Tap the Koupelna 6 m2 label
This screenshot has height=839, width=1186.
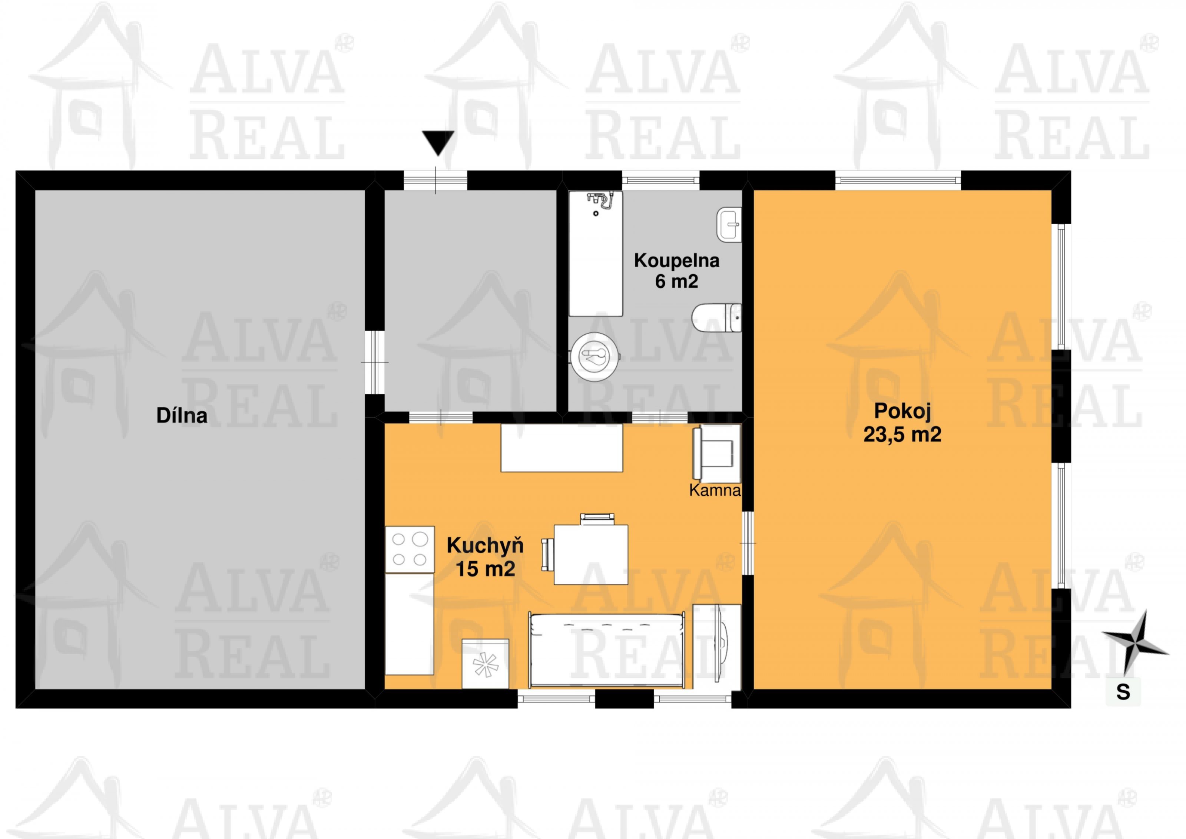point(677,271)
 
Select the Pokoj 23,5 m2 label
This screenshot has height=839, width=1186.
point(902,423)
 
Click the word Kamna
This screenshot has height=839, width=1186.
point(715,490)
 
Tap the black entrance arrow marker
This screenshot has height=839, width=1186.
point(438,143)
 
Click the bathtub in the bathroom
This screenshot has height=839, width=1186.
point(596,254)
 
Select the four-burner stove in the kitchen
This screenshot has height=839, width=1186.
point(410,549)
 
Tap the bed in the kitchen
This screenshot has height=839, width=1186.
point(606,650)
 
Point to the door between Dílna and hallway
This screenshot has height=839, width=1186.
point(374,362)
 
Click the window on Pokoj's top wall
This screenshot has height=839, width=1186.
point(898,180)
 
